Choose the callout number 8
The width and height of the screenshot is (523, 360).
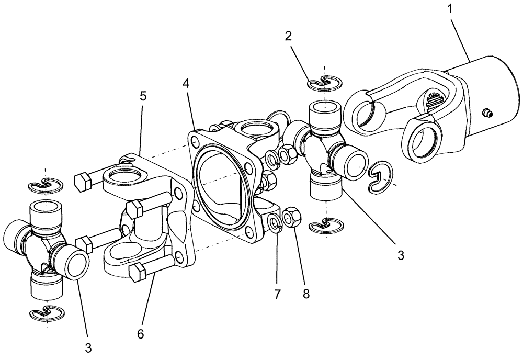pyautogui.click(x=305, y=294)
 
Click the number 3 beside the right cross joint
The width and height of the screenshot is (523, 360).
pyautogui.click(x=401, y=255)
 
